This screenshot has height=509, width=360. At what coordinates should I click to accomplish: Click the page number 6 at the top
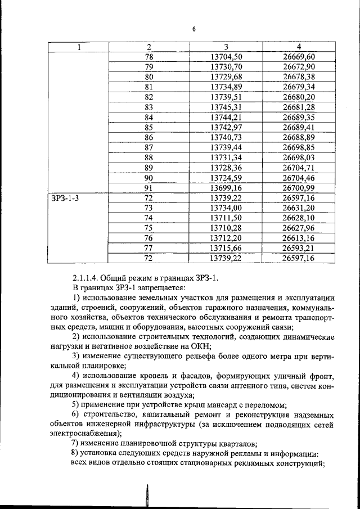click(193, 30)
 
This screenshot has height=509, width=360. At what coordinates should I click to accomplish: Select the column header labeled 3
click(226, 47)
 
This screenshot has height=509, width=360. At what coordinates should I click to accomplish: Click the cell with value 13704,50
click(226, 57)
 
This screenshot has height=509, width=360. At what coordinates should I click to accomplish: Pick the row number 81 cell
click(149, 87)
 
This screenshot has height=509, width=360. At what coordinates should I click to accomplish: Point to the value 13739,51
click(226, 97)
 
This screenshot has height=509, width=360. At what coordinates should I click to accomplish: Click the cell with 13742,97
click(226, 127)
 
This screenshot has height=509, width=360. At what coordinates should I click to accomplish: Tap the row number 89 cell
click(149, 168)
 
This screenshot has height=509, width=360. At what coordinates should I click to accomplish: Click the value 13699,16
click(226, 188)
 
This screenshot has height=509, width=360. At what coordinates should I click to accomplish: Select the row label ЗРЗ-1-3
click(63, 198)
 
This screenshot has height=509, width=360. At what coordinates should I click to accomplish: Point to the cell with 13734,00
click(226, 208)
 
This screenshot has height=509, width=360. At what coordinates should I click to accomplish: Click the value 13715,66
click(226, 248)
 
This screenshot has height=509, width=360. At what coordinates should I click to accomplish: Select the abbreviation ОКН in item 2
click(199, 346)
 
